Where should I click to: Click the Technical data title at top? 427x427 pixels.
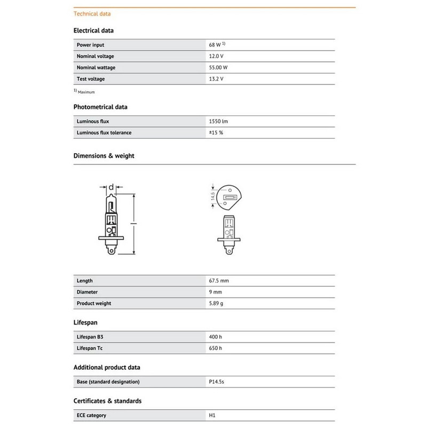click(92, 13)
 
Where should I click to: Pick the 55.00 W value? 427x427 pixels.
click(218, 67)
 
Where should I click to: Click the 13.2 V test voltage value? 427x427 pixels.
click(216, 79)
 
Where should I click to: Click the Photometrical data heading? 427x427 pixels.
click(100, 107)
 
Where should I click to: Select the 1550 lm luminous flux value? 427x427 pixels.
click(218, 121)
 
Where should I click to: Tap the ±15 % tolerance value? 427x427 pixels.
click(216, 132)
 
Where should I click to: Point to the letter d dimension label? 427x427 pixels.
click(111, 187)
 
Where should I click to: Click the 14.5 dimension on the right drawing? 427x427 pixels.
click(212, 197)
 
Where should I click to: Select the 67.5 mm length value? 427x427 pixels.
click(219, 280)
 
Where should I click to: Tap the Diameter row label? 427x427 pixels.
click(88, 292)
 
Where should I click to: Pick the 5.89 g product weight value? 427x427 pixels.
click(216, 303)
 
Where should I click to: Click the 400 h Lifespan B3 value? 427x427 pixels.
click(216, 337)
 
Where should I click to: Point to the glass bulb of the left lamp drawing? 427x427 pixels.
click(110, 205)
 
